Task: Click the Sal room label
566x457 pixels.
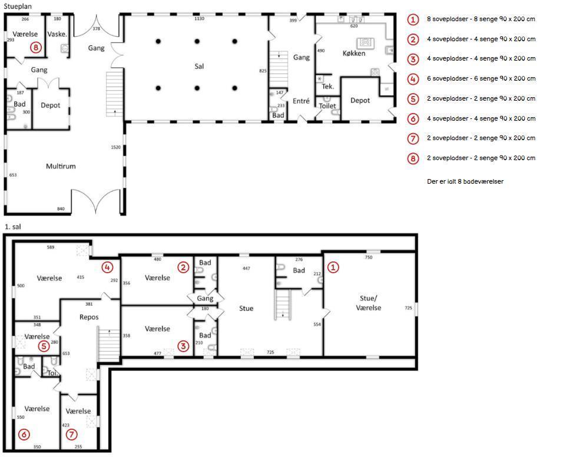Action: point(199,66)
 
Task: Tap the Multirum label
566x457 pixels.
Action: point(61,167)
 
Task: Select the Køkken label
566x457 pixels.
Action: point(354,53)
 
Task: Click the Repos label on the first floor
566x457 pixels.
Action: point(89,317)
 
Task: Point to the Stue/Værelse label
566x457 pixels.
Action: point(368,303)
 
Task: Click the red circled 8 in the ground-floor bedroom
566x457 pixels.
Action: point(36,47)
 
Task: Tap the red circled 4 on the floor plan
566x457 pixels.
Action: point(107,267)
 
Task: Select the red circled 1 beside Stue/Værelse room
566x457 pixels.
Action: point(333,267)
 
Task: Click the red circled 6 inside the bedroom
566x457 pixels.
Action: point(24,434)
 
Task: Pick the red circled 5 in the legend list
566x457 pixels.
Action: point(413,99)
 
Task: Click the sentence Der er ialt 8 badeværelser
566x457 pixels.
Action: point(465,181)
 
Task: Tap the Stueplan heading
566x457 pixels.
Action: point(17,6)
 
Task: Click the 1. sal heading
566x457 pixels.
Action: point(12,227)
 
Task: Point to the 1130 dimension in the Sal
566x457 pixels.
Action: point(199,18)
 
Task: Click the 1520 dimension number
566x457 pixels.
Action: point(116,147)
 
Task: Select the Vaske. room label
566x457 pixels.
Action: point(57,34)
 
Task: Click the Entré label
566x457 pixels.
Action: point(301,101)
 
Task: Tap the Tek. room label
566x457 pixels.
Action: point(327,86)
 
